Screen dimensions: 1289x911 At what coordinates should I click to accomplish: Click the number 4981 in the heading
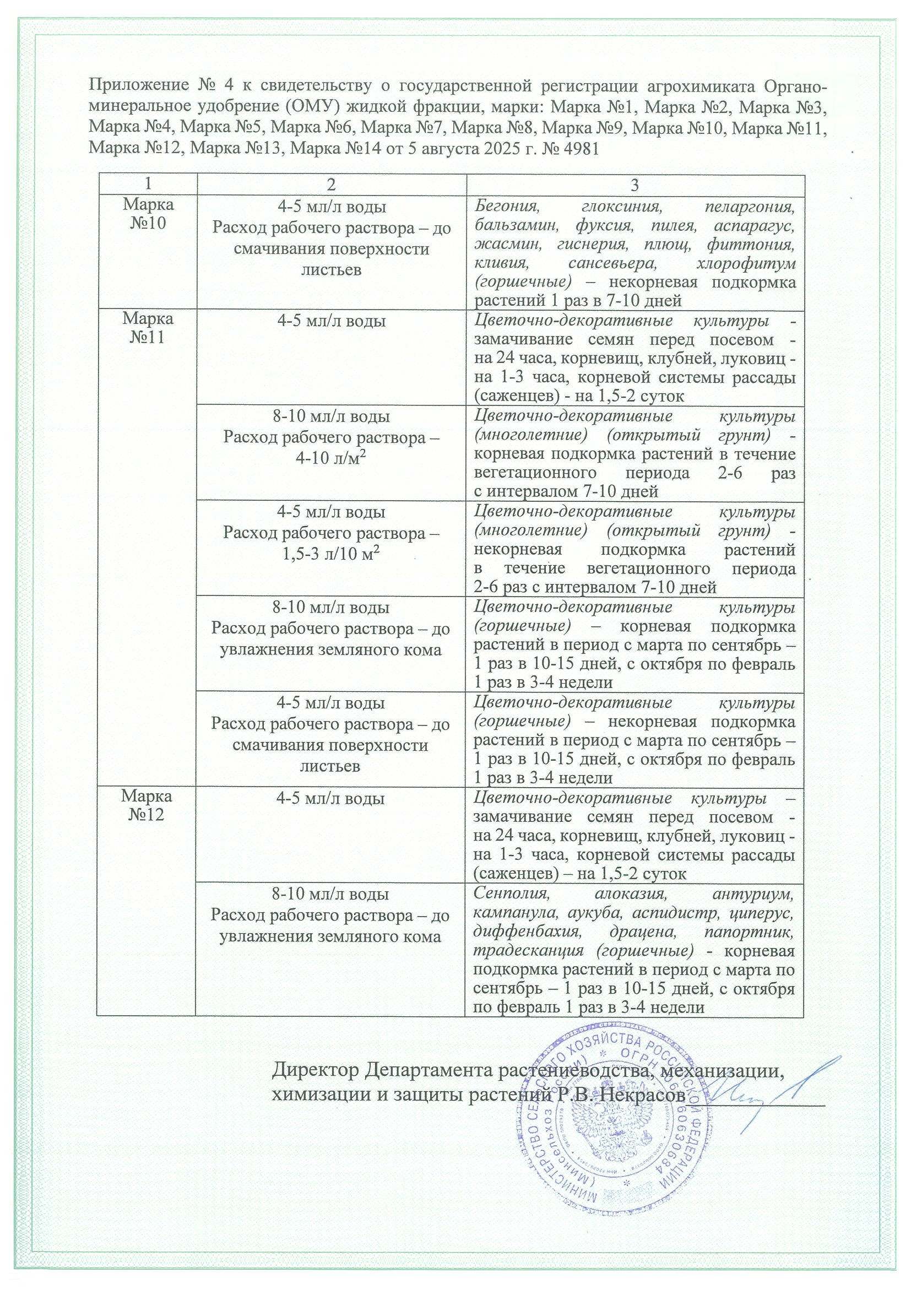pos(580,149)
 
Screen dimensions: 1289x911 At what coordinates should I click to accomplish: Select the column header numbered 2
pos(330,185)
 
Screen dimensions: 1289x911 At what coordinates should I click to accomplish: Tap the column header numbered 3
pos(635,185)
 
